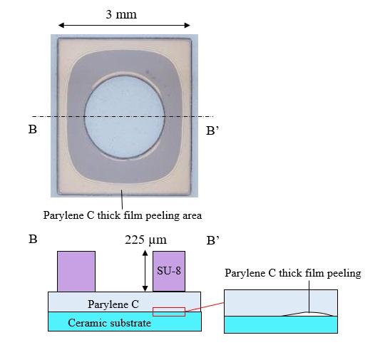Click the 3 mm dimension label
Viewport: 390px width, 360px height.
tap(121, 14)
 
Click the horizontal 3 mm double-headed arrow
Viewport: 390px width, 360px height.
tap(124, 25)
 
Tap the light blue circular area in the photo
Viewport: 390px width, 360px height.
tap(124, 117)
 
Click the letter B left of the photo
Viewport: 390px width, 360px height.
tap(33, 129)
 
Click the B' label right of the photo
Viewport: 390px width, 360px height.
tap(212, 130)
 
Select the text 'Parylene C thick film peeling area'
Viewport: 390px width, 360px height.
tap(123, 215)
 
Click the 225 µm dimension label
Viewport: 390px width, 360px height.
tap(145, 240)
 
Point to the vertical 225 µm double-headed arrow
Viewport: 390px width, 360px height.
tap(145, 271)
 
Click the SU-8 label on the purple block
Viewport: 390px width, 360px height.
tap(169, 270)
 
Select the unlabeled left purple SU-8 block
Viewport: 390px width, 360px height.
tap(76, 271)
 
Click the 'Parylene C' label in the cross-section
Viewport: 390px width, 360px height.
tap(113, 304)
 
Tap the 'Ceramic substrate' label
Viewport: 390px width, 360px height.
tap(109, 323)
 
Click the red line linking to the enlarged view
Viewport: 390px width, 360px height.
tap(205, 307)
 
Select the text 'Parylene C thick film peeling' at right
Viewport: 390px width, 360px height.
tap(293, 273)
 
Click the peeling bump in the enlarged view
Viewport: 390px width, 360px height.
tap(309, 314)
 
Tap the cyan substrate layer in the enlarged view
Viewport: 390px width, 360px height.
tap(281, 324)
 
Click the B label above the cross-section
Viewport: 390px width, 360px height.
tap(33, 240)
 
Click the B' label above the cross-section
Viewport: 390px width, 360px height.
tap(213, 240)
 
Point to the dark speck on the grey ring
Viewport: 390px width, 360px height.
tap(148, 72)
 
